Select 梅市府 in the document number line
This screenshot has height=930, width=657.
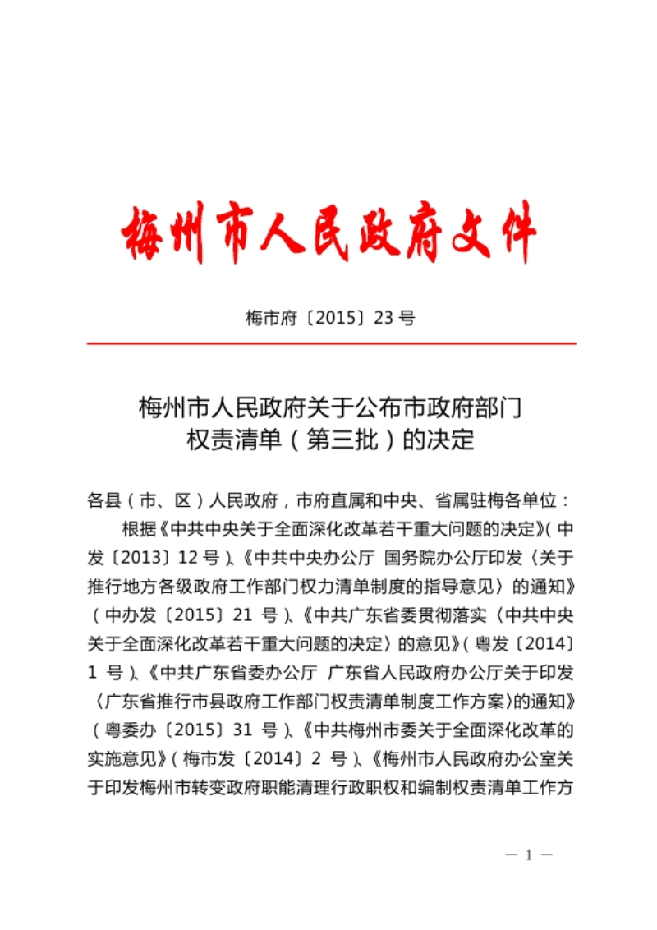pyautogui.click(x=269, y=318)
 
